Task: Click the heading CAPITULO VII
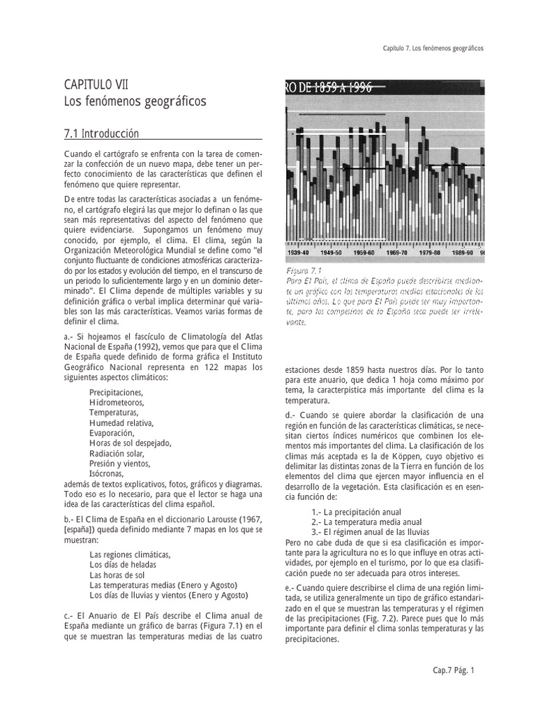(x=96, y=84)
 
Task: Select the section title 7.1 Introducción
(x=101, y=133)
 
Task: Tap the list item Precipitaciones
(x=116, y=392)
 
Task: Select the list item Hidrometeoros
(x=117, y=402)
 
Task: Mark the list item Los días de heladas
(x=123, y=564)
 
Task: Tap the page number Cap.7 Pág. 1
(x=453, y=671)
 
